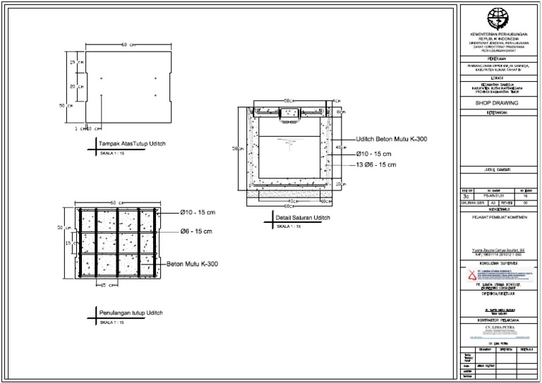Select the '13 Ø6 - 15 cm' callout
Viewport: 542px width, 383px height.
375,164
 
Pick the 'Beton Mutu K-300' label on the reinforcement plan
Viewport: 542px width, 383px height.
192,265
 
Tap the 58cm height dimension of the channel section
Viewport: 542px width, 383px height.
241,148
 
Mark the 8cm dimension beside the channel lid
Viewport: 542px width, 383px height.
340,112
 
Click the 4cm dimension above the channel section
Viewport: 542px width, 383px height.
336,101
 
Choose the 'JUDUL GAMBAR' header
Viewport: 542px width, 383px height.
498,171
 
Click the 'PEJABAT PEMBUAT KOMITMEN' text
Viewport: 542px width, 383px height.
498,218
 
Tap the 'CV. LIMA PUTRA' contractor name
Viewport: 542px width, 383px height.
498,328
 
